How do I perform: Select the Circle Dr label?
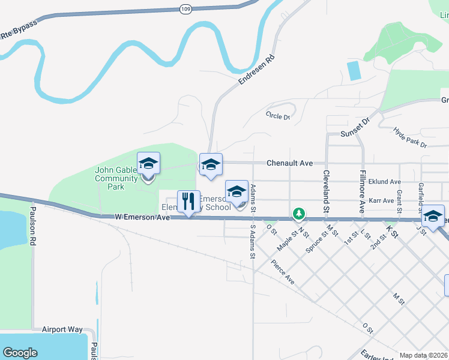(x=278, y=116)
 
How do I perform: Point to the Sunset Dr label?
(x=357, y=128)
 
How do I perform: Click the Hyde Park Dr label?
(x=410, y=137)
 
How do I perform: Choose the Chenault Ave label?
(x=290, y=163)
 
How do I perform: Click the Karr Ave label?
(x=381, y=200)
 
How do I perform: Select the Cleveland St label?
(x=327, y=191)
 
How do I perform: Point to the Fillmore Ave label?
(x=363, y=191)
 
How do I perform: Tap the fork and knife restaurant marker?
(x=188, y=202)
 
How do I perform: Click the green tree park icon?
(x=298, y=213)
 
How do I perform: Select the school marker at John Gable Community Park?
(x=148, y=164)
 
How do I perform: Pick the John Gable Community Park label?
(x=117, y=178)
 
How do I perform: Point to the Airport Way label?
(x=62, y=329)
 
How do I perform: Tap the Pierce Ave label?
(x=282, y=272)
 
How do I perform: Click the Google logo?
(x=20, y=353)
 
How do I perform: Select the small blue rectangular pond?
(x=354, y=70)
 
